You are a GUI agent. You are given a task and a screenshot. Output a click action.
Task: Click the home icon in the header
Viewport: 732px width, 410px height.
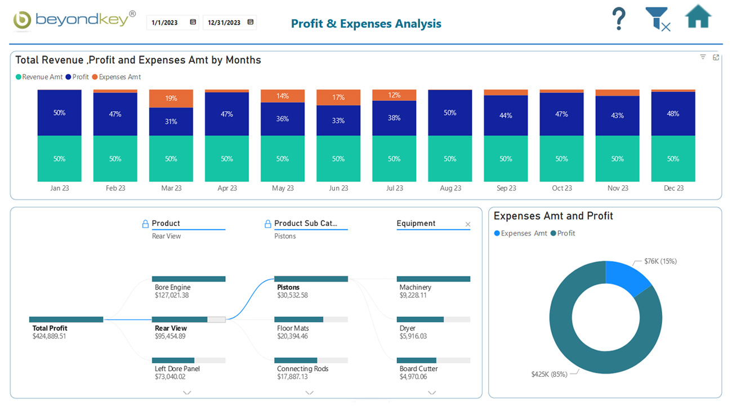point(698,17)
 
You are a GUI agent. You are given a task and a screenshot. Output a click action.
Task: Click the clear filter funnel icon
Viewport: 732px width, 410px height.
point(657,19)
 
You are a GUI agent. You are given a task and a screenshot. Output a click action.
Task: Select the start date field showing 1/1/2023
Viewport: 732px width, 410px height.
point(164,23)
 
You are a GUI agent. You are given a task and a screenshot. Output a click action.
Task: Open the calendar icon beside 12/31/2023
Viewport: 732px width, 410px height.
point(251,22)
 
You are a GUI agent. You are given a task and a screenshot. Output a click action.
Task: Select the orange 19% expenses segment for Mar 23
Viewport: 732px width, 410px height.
point(171,99)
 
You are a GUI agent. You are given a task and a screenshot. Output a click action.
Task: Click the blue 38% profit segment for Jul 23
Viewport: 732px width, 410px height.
point(394,118)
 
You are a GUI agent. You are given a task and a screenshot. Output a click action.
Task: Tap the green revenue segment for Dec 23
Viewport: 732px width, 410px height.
point(673,159)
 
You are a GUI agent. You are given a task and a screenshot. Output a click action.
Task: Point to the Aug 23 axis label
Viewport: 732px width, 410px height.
point(450,188)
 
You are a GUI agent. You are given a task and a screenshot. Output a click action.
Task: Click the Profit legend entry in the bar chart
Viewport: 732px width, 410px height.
point(77,77)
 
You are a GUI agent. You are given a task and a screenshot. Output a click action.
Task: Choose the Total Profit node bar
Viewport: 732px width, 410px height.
point(66,319)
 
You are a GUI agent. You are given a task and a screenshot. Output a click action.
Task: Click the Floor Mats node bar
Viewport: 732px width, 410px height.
point(298,319)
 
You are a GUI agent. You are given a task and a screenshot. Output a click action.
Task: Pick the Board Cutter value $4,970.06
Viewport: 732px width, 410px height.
point(413,377)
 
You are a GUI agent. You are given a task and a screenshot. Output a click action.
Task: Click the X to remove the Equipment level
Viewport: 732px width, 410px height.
point(467,224)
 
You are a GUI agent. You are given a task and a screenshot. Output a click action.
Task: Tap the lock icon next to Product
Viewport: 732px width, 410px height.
point(145,224)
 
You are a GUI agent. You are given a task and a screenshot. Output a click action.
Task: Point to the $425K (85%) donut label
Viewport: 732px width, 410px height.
point(549,374)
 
